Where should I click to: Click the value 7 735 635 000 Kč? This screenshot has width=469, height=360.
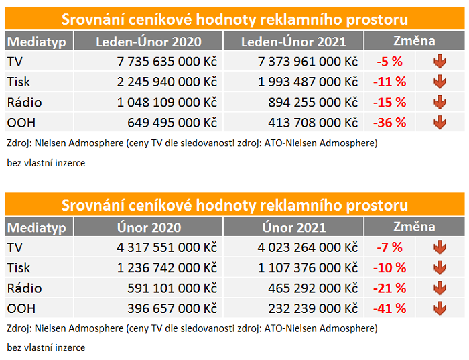coord(166,62)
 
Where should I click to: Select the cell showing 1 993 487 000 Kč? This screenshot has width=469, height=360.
coord(308,82)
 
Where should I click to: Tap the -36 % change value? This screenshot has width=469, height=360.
coord(391,123)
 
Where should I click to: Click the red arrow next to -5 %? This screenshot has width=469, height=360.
coord(440,62)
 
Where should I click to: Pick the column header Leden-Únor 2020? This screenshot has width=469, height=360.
coord(148,42)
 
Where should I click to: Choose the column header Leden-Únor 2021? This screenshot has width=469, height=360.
coord(293,42)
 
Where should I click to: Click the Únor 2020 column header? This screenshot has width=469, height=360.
coord(148,227)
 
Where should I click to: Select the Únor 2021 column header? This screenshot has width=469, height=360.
coord(293,227)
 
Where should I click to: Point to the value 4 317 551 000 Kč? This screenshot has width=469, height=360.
coord(166,248)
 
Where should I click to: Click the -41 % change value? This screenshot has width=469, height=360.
coord(391,308)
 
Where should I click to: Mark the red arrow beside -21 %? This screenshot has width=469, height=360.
coord(440,288)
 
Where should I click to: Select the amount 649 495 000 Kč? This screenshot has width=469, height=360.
coord(172,123)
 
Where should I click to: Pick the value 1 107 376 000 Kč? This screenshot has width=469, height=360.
coord(308,268)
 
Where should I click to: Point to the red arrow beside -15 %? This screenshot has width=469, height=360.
coord(440,103)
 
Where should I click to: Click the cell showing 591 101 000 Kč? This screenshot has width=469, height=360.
coord(172,288)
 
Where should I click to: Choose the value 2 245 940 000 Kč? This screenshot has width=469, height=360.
coord(166,82)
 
